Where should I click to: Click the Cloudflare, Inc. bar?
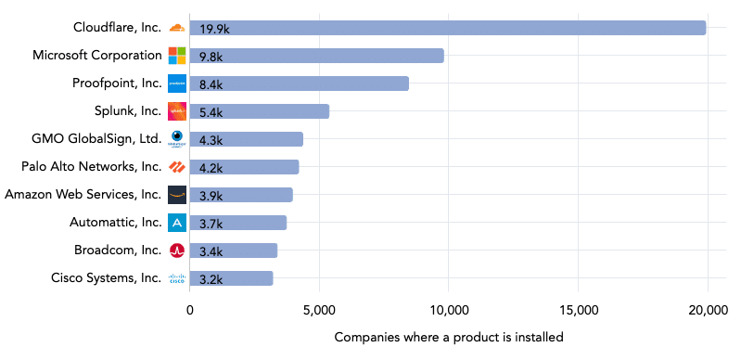pos(448,28)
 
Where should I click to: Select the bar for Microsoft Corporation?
pos(316,56)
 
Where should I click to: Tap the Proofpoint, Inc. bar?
pos(299,84)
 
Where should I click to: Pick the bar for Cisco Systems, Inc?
pos(231,278)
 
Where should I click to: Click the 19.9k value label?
pos(213,29)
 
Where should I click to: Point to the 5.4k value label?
pos(210,112)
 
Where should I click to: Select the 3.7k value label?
pos(210,224)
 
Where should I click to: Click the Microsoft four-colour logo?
pos(177,56)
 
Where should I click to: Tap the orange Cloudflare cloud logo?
pos(177,28)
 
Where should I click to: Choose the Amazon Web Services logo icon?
pos(177,195)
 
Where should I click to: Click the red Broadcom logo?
pos(177,251)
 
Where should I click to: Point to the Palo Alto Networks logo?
pos(177,167)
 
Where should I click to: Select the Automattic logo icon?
pos(177,223)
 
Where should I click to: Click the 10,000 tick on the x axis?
pos(448,311)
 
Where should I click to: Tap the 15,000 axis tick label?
pos(578,311)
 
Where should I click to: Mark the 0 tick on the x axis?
pos(190,311)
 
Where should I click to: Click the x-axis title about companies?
pos(448,337)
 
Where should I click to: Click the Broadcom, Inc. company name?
pos(118,251)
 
